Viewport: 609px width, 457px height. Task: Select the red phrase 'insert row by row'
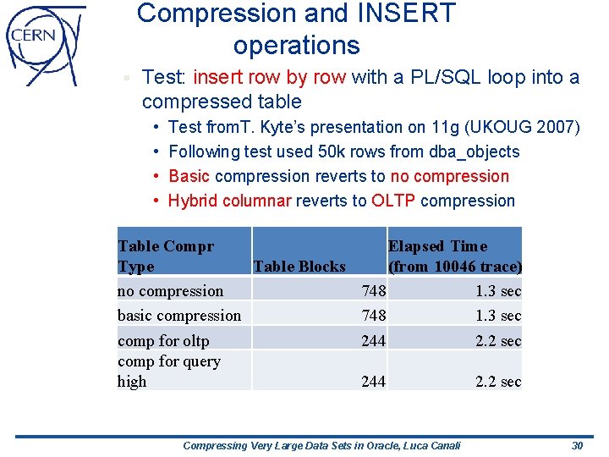pos(269,78)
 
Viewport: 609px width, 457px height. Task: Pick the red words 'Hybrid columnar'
pos(229,201)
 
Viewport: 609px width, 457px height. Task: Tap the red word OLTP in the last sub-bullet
pos(393,201)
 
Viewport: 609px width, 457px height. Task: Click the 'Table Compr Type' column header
pos(166,256)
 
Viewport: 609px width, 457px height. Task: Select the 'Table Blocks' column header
pos(299,267)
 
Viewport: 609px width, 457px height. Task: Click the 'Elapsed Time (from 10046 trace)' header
pos(454,256)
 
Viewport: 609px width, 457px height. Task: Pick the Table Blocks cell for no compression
pos(373,291)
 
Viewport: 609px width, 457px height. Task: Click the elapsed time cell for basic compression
pos(498,316)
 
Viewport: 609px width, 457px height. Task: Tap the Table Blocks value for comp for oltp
pos(373,340)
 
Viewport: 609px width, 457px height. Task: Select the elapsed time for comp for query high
pos(498,382)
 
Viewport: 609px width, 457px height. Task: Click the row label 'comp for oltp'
pos(163,340)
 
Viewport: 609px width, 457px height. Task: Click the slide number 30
pos(577,445)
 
